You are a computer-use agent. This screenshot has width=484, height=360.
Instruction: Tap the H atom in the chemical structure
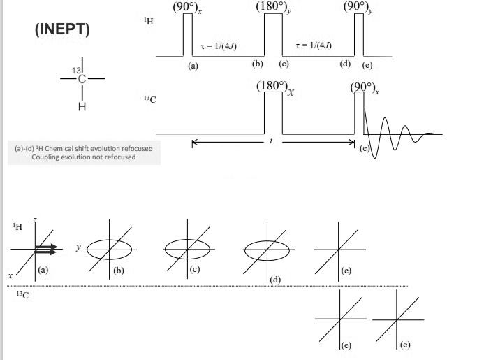[x=82, y=107]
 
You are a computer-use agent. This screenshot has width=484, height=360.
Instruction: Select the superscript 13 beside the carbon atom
[x=77, y=71]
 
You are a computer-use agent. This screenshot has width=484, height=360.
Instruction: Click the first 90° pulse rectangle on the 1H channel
[x=187, y=35]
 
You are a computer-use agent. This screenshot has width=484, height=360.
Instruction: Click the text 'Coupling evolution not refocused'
[x=84, y=157]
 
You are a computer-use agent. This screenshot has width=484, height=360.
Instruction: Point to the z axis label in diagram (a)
[x=34, y=221]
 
